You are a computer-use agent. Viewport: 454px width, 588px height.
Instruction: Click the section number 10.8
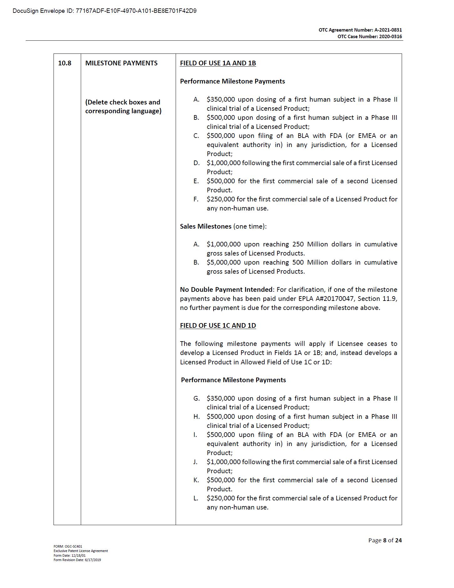click(64, 63)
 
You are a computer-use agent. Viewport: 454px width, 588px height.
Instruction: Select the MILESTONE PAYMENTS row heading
click(121, 63)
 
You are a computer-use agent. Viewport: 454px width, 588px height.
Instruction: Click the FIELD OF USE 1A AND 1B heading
click(218, 63)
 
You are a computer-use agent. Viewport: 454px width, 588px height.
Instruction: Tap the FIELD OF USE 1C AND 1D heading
click(218, 326)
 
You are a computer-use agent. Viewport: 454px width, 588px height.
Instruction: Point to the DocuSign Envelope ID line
click(105, 11)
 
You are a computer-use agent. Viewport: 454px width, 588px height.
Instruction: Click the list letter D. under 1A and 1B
click(196, 163)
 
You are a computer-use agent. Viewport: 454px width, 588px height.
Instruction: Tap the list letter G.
click(196, 398)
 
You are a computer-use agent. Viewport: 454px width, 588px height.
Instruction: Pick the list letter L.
click(196, 498)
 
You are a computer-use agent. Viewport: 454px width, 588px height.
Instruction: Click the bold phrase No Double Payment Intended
click(226, 290)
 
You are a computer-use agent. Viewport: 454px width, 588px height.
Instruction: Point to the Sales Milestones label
click(205, 226)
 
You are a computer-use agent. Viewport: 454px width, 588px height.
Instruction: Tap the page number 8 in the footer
click(384, 540)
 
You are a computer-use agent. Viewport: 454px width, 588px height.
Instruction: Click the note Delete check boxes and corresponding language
click(123, 107)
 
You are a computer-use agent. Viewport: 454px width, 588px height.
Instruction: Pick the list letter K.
click(196, 480)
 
